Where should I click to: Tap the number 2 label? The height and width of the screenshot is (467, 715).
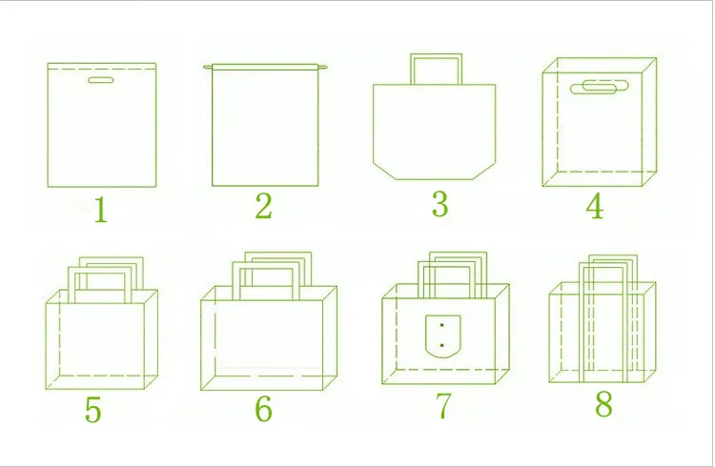pos(263,206)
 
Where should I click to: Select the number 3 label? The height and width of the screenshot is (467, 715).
pos(439,204)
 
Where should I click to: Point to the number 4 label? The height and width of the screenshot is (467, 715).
pos(594,206)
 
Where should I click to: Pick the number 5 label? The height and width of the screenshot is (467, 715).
pos(92,409)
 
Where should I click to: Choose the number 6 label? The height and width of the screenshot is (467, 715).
pos(263,410)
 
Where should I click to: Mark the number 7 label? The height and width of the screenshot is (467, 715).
pos(442,405)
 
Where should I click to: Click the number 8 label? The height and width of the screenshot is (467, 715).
pos(603,404)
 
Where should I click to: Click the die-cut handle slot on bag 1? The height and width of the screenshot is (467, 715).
pos(100,82)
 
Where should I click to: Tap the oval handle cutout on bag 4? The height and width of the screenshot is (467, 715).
pos(596,89)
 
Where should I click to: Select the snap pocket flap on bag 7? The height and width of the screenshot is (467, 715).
pos(442,335)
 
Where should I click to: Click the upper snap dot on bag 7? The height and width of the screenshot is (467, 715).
pos(442,326)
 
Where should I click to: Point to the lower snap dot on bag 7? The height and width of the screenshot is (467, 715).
pos(442,343)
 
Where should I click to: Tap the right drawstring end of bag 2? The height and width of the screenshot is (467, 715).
pos(325,67)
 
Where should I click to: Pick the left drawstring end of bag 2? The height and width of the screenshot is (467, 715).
pos(206,67)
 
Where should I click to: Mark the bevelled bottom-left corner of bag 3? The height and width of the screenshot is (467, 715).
pos(380,169)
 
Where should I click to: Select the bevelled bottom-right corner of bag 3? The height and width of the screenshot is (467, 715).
pos(487,169)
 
